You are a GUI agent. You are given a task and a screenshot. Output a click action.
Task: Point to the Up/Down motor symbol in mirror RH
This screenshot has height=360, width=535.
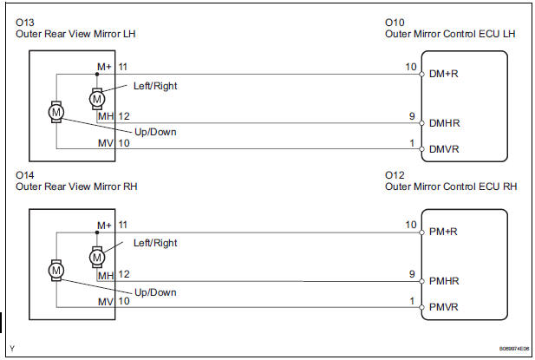(x=56, y=271)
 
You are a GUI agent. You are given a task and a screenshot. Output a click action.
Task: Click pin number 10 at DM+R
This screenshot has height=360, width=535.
(x=411, y=66)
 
